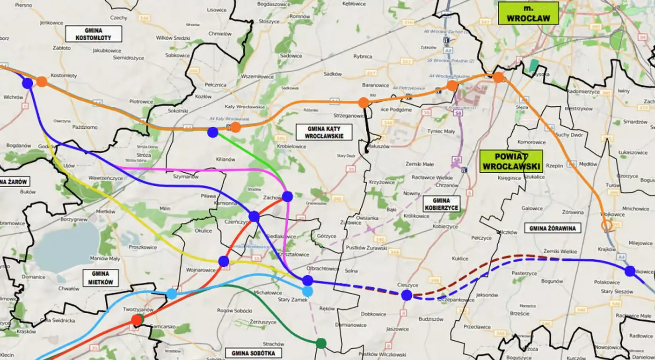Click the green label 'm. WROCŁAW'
pos(528,13)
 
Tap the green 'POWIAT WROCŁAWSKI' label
pos(511,161)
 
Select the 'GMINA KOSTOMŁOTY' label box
pos(94,34)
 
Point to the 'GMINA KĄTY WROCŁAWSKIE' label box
pos(323,132)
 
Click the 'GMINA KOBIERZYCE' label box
pos(441,204)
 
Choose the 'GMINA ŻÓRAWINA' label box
pos(553,228)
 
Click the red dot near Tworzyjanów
pos(137,320)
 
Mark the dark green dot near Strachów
pos(320,343)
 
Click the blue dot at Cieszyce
pos(406,295)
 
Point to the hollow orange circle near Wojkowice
pos(607,226)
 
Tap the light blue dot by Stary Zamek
pos(307,291)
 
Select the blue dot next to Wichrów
pos(28,83)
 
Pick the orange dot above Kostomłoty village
pos(42,81)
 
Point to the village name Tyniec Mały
pos(441,132)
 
